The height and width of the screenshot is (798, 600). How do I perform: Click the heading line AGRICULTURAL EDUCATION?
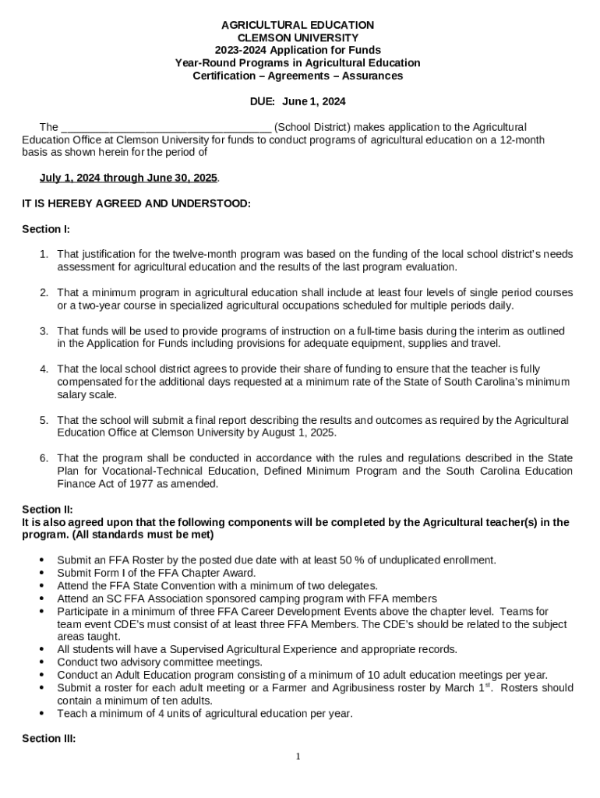click(x=298, y=25)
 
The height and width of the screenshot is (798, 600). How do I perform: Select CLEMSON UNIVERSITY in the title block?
click(x=298, y=37)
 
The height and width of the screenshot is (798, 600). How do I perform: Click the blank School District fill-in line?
click(x=166, y=128)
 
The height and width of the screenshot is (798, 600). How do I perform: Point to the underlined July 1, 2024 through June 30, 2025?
click(x=129, y=178)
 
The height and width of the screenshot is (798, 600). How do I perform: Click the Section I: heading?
click(x=46, y=229)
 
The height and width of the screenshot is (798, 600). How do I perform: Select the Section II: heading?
click(x=48, y=510)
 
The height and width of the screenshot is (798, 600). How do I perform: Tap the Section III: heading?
click(x=49, y=738)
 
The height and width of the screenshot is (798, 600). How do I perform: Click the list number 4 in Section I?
click(x=44, y=369)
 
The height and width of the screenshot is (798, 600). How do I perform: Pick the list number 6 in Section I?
click(x=44, y=458)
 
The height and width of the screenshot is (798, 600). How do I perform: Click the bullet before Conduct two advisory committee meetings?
click(x=41, y=662)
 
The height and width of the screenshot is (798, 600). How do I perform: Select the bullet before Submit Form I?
click(x=41, y=573)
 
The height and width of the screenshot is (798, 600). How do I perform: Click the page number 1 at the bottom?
click(x=298, y=757)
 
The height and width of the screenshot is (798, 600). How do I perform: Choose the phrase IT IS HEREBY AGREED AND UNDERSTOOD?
click(x=136, y=203)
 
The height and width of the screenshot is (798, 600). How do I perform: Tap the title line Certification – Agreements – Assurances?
click(x=298, y=76)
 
